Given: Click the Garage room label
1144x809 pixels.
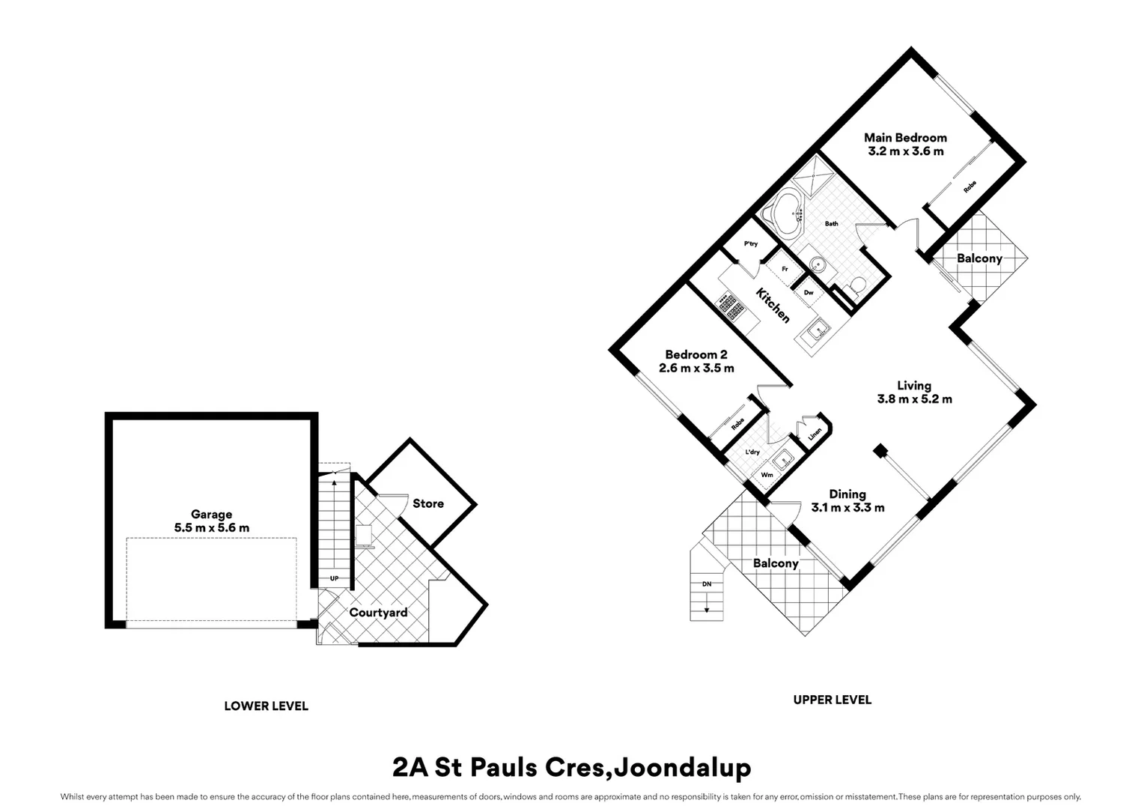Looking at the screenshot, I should pyautogui.click(x=211, y=515).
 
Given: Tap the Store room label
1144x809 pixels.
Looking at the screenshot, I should pyautogui.click(x=428, y=503).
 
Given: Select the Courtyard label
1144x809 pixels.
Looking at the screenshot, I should pyautogui.click(x=378, y=613).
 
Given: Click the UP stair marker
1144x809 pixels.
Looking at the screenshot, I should pyautogui.click(x=334, y=579).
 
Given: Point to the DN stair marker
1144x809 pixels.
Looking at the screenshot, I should pyautogui.click(x=706, y=584).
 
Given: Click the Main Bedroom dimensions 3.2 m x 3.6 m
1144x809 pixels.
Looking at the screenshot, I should pyautogui.click(x=905, y=151).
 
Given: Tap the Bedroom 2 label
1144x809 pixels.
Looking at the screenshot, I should pyautogui.click(x=696, y=355).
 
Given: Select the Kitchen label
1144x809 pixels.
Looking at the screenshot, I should pyautogui.click(x=772, y=305).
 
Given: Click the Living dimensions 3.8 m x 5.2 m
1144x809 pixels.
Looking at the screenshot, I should pyautogui.click(x=914, y=399).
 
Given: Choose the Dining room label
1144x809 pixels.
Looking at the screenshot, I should pyautogui.click(x=847, y=494).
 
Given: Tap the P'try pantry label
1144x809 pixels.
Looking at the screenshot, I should pyautogui.click(x=750, y=244).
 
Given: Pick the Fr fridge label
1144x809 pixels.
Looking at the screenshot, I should pyautogui.click(x=785, y=268).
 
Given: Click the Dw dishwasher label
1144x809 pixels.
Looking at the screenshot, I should pyautogui.click(x=809, y=293).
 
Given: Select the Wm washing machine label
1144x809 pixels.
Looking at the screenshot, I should pyautogui.click(x=767, y=474).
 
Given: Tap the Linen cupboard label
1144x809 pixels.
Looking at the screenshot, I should pyautogui.click(x=815, y=433).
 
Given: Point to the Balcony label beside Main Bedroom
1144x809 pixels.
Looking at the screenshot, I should pyautogui.click(x=979, y=258).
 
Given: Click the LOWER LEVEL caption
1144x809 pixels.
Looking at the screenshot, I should pyautogui.click(x=266, y=706).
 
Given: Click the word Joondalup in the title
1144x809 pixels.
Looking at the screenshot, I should pyautogui.click(x=681, y=768).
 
